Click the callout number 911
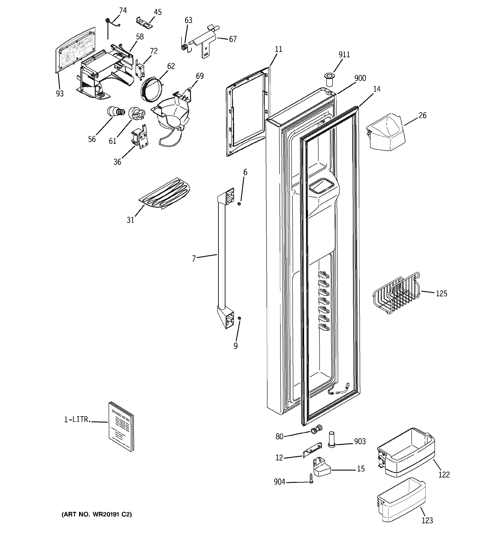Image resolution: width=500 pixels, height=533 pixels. coord(344,55)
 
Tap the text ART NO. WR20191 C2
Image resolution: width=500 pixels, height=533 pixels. coord(97,514)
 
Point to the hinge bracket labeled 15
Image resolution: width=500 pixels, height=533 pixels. coord(322,469)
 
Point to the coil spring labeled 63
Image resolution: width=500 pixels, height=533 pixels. coord(184,47)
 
